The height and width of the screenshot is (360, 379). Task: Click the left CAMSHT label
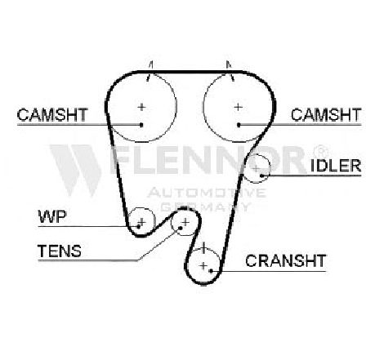click(x=52, y=114)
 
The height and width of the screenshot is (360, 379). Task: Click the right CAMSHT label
click(x=326, y=114)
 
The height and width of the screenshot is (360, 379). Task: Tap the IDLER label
click(x=336, y=166)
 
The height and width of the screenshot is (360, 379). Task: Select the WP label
click(x=52, y=216)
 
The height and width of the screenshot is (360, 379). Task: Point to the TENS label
click(x=60, y=251)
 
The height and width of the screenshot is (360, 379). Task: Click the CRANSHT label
click(x=286, y=260)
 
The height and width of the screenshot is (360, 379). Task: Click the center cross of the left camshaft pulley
click(x=141, y=107)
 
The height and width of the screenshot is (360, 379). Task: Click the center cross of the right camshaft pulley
click(x=239, y=107)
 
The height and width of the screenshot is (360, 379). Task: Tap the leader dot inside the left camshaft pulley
click(x=141, y=125)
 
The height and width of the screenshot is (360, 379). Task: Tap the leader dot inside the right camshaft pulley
click(x=239, y=125)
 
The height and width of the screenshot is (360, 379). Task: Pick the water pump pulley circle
click(x=141, y=208)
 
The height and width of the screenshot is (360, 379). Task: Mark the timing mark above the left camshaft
click(x=149, y=71)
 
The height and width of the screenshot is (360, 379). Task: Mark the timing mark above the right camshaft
click(x=230, y=71)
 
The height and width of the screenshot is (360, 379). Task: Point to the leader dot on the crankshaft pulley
click(x=211, y=271)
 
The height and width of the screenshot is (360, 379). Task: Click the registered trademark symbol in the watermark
click(x=321, y=150)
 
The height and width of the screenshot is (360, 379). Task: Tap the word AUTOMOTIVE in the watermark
click(x=207, y=193)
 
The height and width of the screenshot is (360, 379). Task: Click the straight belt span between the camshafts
click(x=190, y=72)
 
